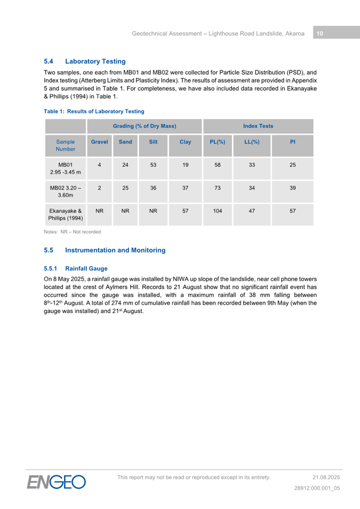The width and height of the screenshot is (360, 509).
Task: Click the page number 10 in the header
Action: (319, 33)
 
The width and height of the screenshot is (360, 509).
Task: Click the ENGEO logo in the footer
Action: (57, 482)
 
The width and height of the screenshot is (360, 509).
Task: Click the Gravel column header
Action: (100, 142)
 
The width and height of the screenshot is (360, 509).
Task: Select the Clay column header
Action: (185, 142)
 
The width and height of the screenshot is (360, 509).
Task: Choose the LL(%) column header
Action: (251, 142)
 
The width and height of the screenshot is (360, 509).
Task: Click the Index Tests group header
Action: (258, 126)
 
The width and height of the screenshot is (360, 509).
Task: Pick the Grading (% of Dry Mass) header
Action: (145, 126)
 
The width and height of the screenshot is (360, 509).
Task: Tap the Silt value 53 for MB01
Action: (153, 165)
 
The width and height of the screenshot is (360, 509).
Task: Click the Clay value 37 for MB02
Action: (185, 188)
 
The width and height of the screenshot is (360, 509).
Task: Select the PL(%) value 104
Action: (218, 211)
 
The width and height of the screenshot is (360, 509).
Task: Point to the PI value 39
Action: (292, 188)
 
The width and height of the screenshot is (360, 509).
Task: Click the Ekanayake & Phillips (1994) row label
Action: (66, 215)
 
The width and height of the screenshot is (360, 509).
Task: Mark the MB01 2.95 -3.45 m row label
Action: (66, 169)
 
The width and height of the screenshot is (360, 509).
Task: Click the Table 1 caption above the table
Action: (94, 111)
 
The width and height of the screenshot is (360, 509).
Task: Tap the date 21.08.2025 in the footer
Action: (326, 477)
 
